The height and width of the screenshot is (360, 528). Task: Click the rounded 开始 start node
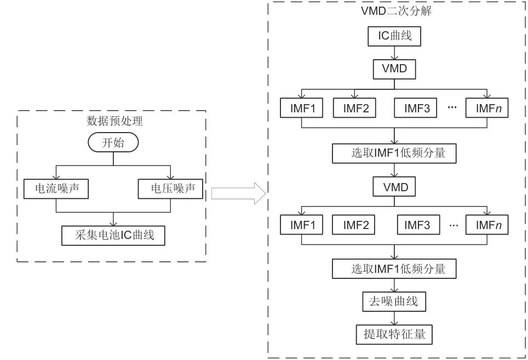[113, 143]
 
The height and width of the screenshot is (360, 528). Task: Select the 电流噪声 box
[56, 189]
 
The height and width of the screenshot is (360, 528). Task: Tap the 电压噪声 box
[170, 189]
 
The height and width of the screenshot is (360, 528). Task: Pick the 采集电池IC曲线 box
[113, 236]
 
